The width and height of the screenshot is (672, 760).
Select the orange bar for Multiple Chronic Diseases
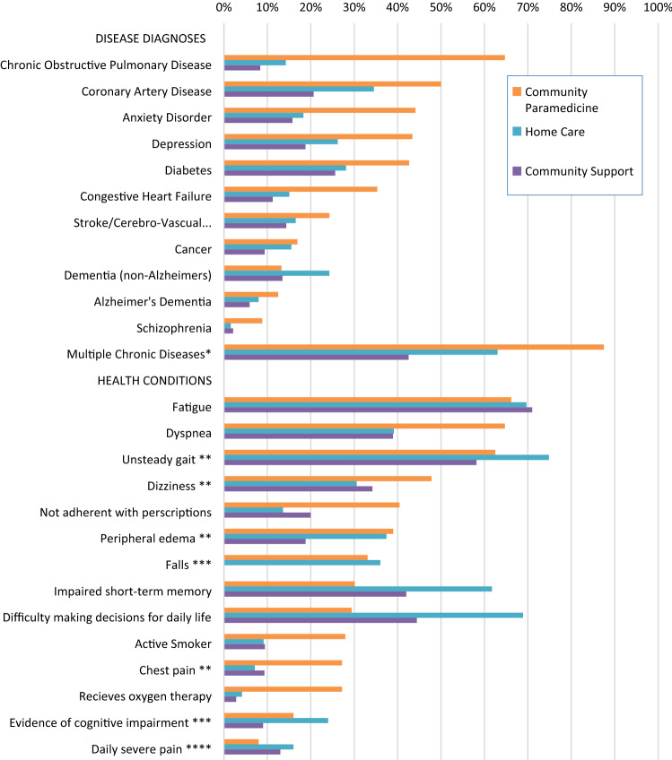point(413,347)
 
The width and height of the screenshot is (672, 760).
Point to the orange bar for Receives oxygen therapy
point(283,689)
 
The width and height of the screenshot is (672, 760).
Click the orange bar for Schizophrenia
point(243,320)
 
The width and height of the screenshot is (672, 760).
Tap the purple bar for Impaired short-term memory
point(314,593)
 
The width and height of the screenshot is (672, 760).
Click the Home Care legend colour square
point(515,131)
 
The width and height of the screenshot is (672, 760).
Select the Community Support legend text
point(579,171)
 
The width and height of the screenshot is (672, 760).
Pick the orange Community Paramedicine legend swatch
point(515,91)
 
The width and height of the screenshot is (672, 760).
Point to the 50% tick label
point(441,8)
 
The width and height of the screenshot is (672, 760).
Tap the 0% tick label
point(224,8)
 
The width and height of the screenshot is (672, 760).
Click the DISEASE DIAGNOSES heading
point(151,39)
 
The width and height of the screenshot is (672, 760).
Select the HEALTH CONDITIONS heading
point(153,380)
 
